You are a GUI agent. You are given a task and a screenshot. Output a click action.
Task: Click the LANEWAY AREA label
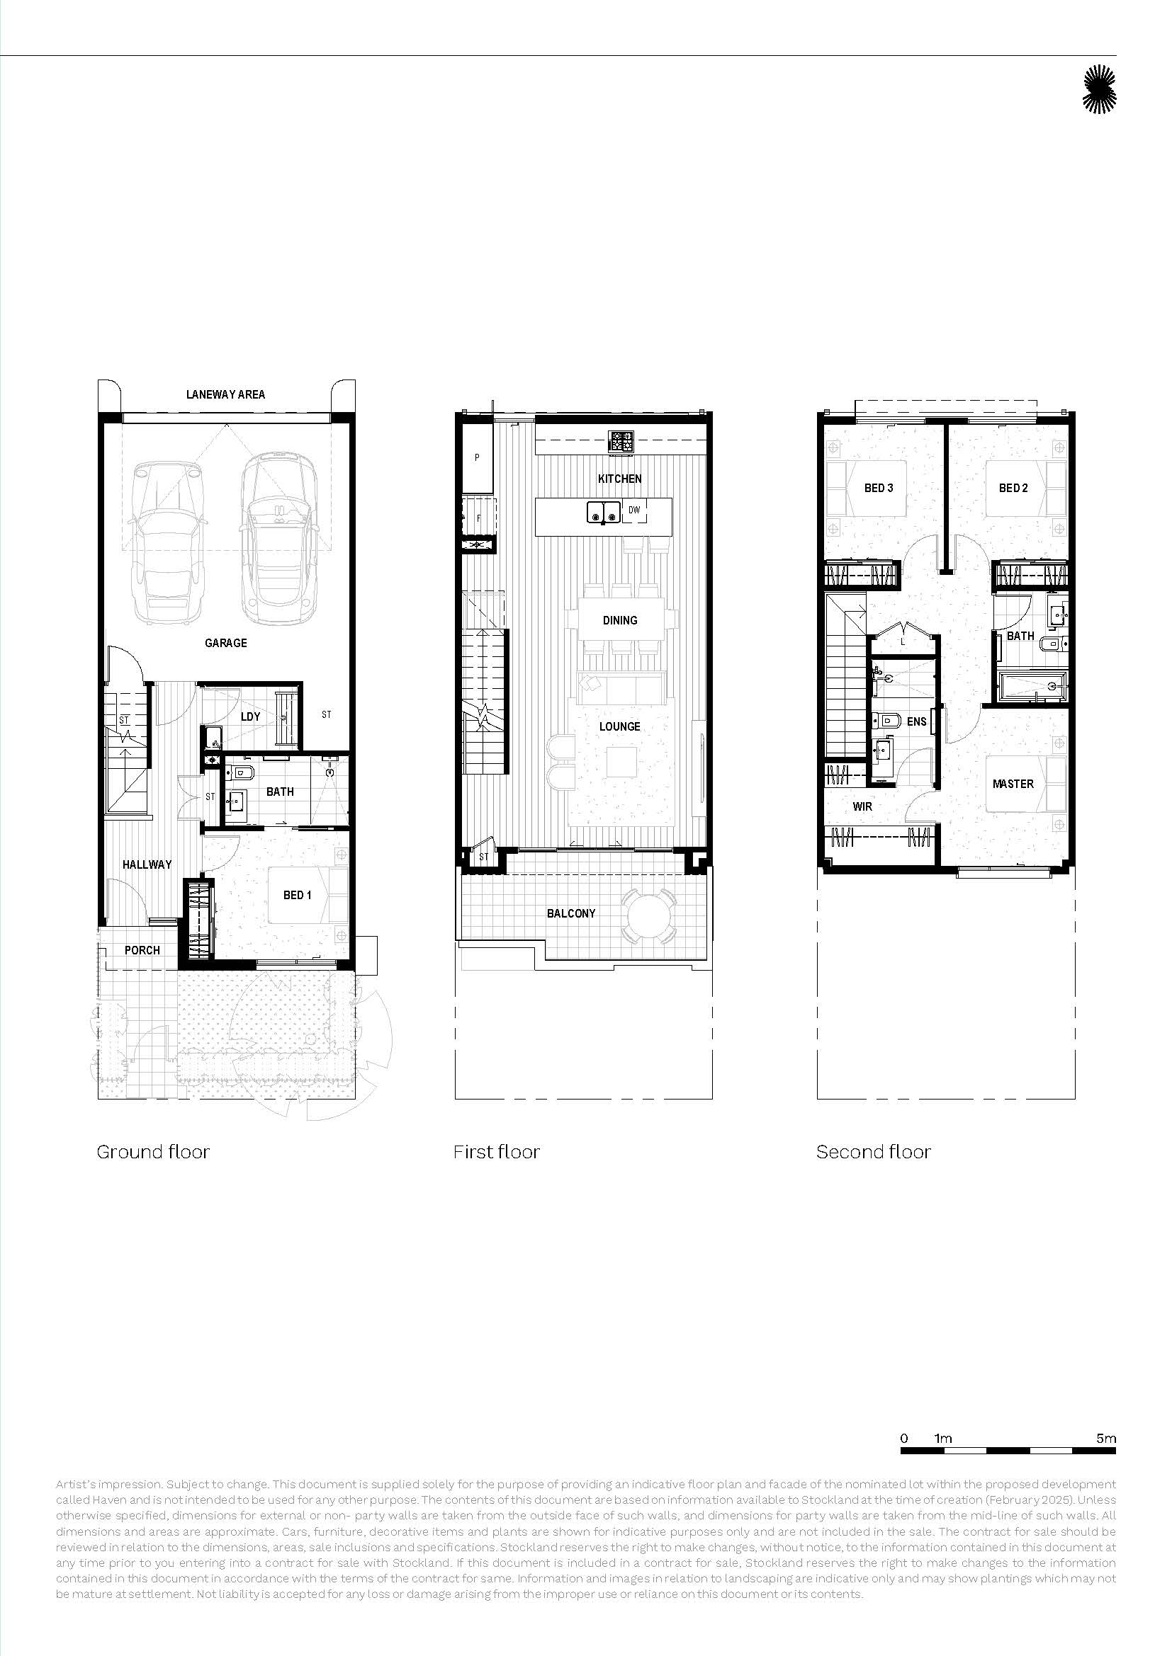[225, 394]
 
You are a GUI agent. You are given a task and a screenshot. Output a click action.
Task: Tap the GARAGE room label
[226, 643]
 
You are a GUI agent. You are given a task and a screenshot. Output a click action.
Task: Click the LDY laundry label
[250, 716]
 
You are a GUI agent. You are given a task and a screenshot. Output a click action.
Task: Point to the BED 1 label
[298, 895]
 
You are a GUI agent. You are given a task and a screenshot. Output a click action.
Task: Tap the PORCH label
[142, 950]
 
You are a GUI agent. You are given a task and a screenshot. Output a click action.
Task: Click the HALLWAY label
[147, 864]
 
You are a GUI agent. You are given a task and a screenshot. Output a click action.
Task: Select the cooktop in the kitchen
[621, 441]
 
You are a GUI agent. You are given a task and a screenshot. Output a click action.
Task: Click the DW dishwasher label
[634, 510]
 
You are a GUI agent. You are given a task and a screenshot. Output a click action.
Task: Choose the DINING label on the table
[620, 620]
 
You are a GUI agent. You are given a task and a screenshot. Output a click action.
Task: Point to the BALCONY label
[571, 913]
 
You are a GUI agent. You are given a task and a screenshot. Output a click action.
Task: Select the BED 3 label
[878, 489]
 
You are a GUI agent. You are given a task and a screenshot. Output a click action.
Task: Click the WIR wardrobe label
[862, 806]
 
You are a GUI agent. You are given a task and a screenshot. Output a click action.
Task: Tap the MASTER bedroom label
[1013, 784]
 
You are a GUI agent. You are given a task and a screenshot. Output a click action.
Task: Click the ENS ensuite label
[916, 721]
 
